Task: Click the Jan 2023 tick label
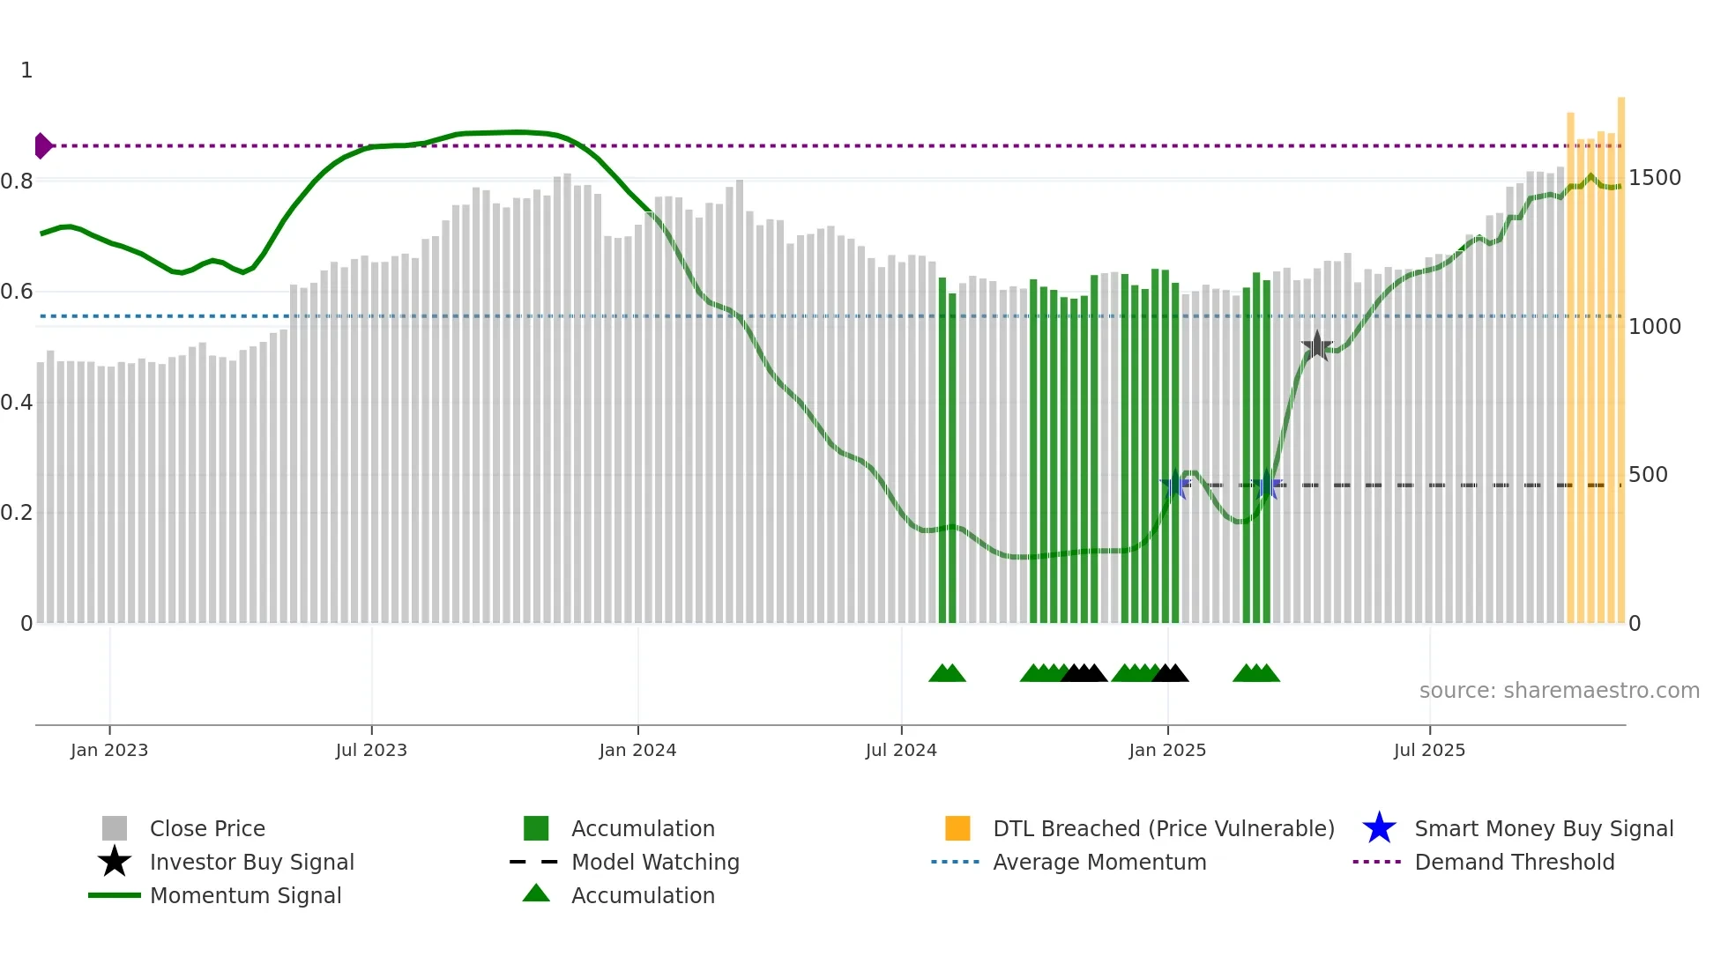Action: (x=109, y=750)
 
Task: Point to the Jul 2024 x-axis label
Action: (x=901, y=750)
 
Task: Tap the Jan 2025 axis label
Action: (x=1167, y=750)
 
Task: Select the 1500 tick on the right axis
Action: (x=1655, y=178)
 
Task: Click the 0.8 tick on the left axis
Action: (x=18, y=182)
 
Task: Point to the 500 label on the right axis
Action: (x=1648, y=475)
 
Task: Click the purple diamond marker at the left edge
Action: (x=42, y=145)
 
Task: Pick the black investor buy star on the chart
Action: (x=1317, y=346)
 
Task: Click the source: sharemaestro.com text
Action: (x=1559, y=691)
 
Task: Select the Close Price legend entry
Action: (x=206, y=828)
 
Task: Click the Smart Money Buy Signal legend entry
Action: (x=1543, y=828)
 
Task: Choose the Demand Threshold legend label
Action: (x=1514, y=862)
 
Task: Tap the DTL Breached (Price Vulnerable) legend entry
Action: (x=1163, y=828)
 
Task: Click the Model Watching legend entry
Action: (x=654, y=862)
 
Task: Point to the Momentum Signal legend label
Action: (x=245, y=895)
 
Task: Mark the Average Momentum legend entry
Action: (x=1099, y=862)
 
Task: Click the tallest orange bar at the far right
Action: (x=1621, y=352)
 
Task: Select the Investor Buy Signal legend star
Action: (x=115, y=862)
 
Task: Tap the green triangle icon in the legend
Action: (x=536, y=893)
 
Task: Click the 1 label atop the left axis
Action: (x=26, y=70)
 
